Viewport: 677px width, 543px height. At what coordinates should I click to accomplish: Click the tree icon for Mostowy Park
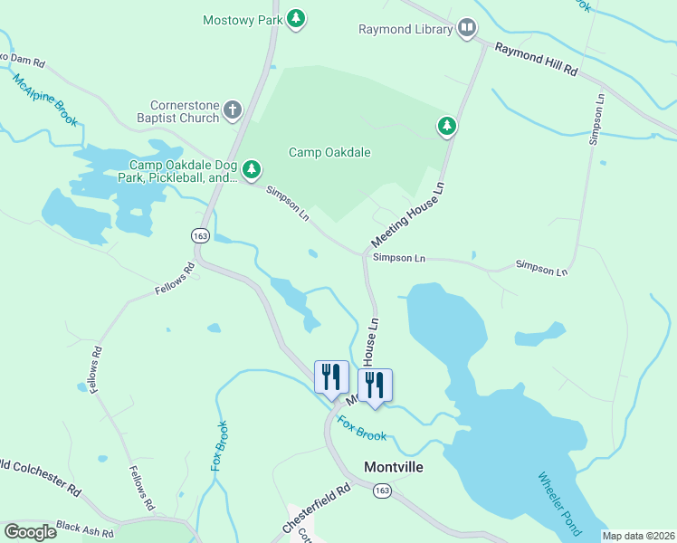pyautogui.click(x=295, y=18)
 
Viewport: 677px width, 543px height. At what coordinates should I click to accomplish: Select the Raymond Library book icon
pyautogui.click(x=467, y=29)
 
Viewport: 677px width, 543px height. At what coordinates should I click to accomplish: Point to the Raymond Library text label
pyautogui.click(x=405, y=30)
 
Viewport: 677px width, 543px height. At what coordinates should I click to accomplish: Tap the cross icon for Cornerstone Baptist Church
pyautogui.click(x=233, y=111)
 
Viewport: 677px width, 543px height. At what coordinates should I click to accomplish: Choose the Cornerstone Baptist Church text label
pyautogui.click(x=172, y=111)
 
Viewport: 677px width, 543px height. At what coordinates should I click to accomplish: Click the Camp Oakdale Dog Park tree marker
pyautogui.click(x=252, y=169)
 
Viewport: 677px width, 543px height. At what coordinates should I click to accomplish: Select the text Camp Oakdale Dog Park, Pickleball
pyautogui.click(x=183, y=171)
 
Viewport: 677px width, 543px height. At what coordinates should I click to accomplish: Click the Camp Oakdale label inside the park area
pyautogui.click(x=329, y=152)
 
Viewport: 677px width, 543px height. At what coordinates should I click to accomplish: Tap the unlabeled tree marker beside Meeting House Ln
pyautogui.click(x=446, y=126)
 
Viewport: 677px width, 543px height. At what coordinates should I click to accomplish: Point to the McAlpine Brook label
pyautogui.click(x=46, y=100)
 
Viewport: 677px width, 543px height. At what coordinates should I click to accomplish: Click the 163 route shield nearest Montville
pyautogui.click(x=382, y=490)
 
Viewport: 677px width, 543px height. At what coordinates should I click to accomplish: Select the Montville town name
pyautogui.click(x=394, y=468)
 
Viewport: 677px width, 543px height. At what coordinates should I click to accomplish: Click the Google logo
pyautogui.click(x=30, y=532)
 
